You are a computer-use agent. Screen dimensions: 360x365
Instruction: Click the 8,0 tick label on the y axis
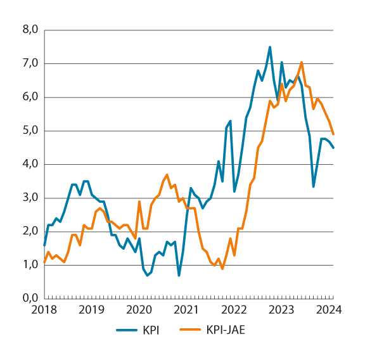[31, 30]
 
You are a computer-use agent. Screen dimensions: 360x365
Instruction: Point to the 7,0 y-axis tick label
[31, 63]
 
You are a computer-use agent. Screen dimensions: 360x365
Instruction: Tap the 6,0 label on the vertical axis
[31, 97]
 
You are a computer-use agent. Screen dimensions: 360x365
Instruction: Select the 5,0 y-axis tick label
[31, 131]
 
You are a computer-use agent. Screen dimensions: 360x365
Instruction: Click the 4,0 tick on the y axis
[31, 164]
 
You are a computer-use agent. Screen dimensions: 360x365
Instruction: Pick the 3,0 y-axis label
[31, 198]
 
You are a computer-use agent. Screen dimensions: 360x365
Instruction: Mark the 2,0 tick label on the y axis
[31, 231]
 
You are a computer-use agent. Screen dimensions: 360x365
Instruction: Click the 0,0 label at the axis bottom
[31, 298]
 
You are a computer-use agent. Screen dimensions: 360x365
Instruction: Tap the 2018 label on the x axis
[44, 310]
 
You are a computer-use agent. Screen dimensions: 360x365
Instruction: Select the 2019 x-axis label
[92, 310]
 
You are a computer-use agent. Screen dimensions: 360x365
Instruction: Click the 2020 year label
[139, 310]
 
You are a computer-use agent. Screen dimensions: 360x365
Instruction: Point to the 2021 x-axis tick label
[187, 310]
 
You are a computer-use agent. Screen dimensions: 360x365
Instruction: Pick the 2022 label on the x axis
[234, 310]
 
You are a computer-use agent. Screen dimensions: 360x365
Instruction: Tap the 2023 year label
[282, 310]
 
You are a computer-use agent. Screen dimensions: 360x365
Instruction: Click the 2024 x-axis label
[330, 310]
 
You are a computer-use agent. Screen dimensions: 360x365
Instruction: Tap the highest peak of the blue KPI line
[270, 47]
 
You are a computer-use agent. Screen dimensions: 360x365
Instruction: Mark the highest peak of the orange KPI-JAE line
[302, 62]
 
